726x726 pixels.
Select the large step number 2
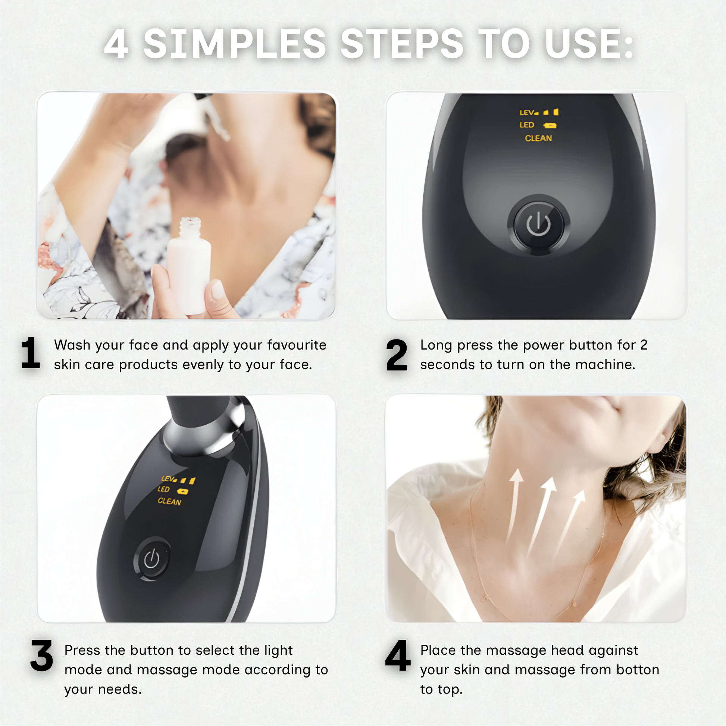coord(397,355)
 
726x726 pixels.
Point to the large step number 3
coord(42,655)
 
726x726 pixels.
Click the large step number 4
coord(398,655)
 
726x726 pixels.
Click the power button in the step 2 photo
coord(538,224)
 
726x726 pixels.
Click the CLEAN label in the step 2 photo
coord(538,138)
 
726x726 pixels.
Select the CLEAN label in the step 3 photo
coord(169,501)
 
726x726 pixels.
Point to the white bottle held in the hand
coord(189,265)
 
